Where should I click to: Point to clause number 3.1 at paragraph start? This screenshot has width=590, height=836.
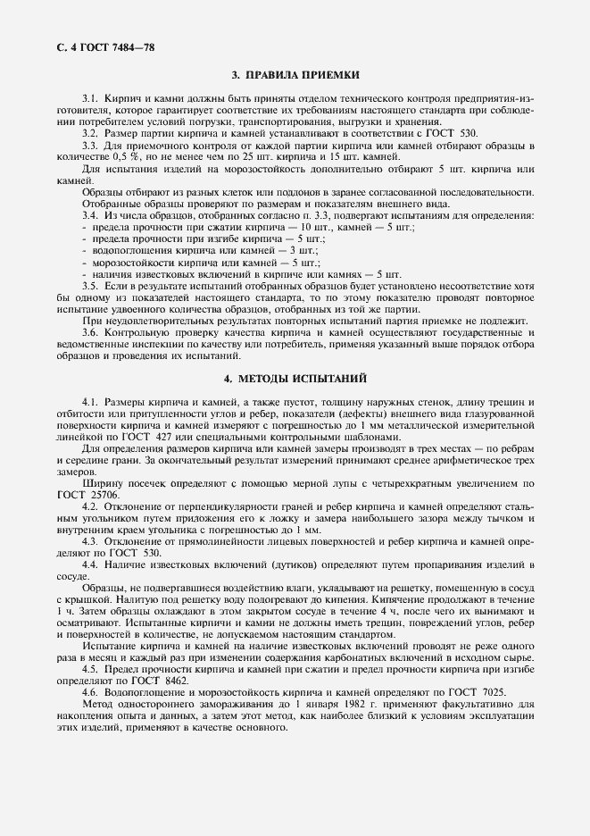pos(89,96)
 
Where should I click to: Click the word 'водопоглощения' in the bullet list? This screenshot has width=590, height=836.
pos(125,253)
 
